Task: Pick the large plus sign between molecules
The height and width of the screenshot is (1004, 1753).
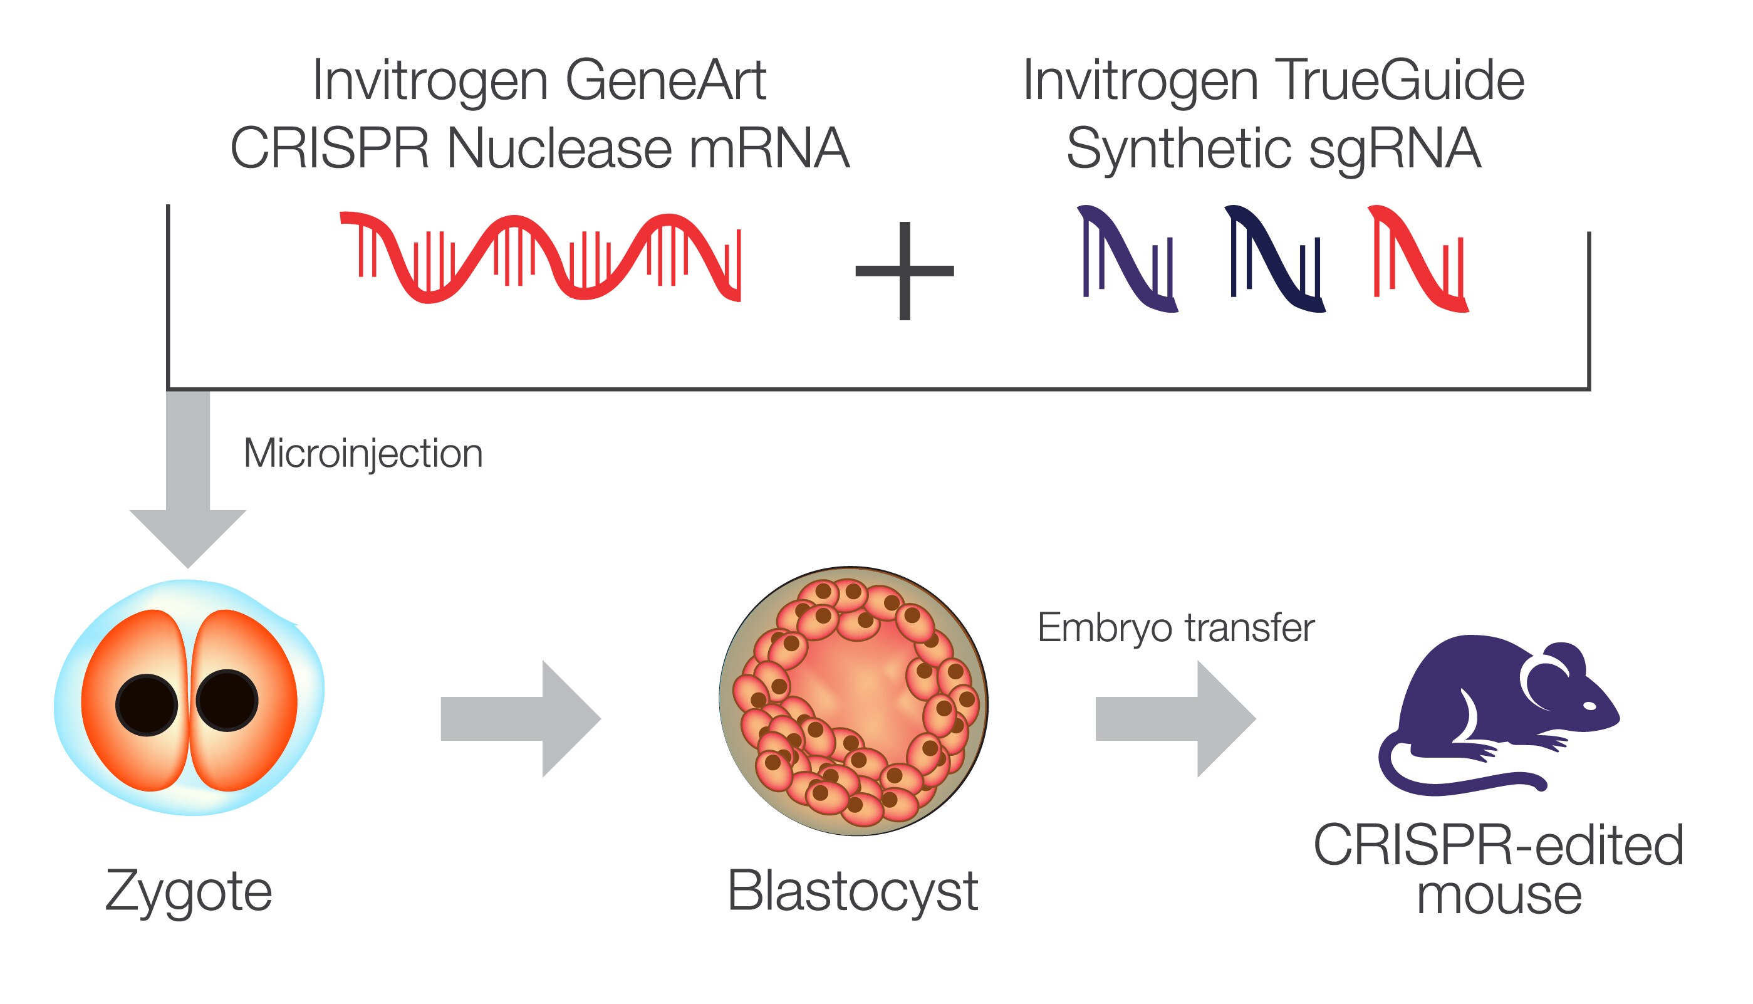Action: point(905,271)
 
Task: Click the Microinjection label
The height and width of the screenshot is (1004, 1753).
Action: point(363,454)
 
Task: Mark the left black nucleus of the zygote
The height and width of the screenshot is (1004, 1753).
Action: point(146,704)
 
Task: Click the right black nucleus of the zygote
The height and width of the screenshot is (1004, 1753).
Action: point(227,701)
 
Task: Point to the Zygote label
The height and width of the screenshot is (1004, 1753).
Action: point(188,891)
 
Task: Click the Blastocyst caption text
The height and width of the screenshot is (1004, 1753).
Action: point(853,891)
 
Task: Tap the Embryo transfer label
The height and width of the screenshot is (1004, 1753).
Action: point(1175,628)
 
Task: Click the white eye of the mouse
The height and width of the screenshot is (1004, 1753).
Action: point(1589,706)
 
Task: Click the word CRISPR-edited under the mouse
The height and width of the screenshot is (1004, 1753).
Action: point(1499,845)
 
